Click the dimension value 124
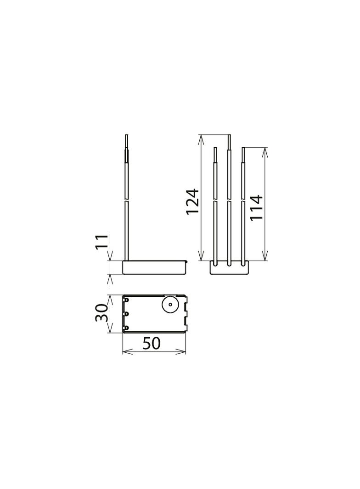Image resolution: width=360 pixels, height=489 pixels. click(193, 201)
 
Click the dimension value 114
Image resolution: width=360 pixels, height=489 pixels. click(256, 207)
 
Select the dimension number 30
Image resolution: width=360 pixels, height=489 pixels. click(102, 313)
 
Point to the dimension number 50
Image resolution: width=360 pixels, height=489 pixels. click(152, 343)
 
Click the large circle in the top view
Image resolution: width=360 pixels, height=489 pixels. click(170, 304)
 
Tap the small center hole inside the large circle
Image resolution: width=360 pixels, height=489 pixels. click(170, 304)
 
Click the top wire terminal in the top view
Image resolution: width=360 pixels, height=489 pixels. click(126, 300)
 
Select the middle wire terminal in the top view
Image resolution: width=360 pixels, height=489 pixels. click(126, 314)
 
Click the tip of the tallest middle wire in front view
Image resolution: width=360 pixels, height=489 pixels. click(229, 136)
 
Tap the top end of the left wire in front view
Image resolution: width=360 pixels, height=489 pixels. click(215, 148)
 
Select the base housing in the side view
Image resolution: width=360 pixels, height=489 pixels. click(154, 268)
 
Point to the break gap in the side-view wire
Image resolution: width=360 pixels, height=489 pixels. click(127, 200)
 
